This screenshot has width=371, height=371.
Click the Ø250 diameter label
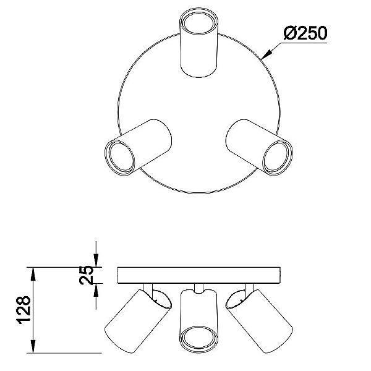(x=305, y=33)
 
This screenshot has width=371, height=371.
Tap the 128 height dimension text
(x=23, y=310)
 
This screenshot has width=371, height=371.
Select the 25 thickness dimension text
(x=87, y=275)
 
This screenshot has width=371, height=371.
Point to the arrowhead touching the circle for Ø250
(x=266, y=54)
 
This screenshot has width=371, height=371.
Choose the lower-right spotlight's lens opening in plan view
(x=276, y=156)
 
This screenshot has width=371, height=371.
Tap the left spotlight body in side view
(x=138, y=321)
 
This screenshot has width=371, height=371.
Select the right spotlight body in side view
(x=259, y=321)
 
